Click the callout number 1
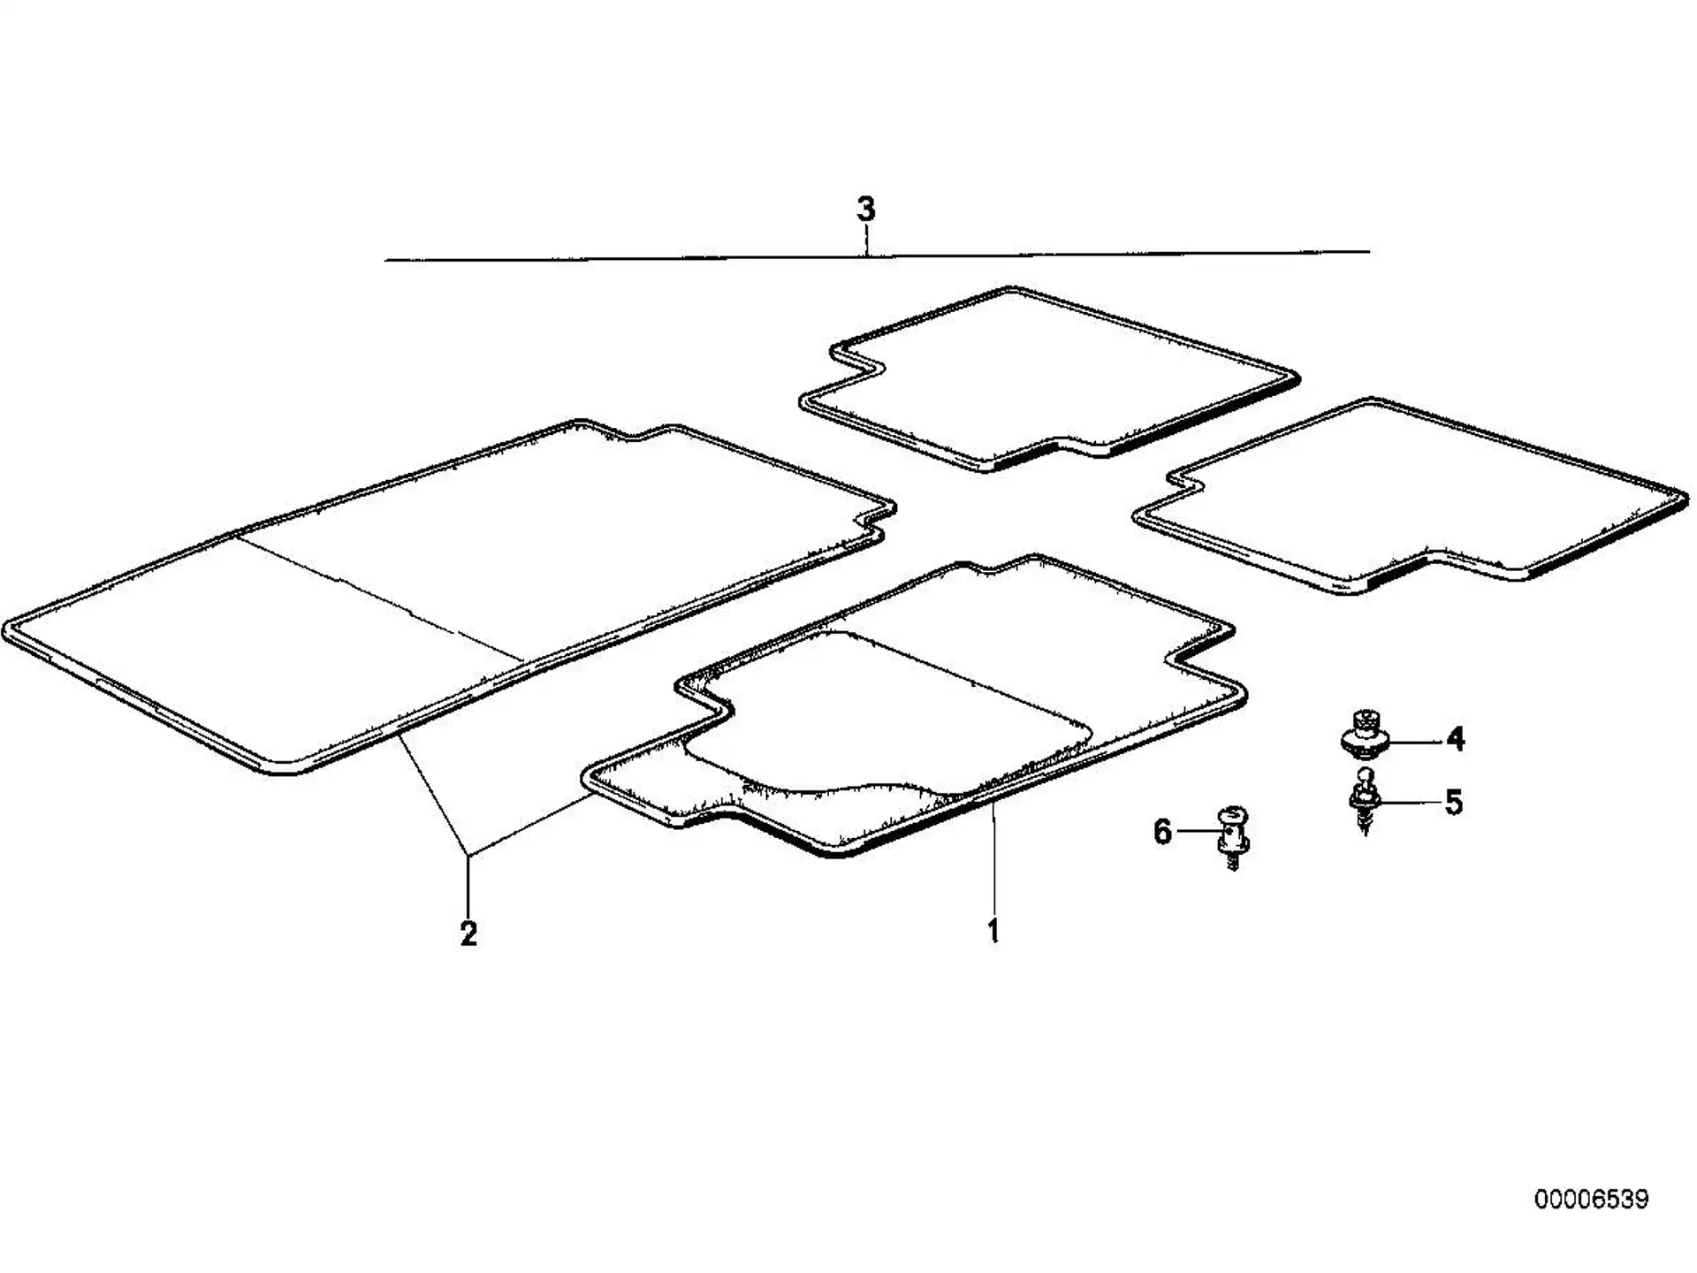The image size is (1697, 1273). [993, 931]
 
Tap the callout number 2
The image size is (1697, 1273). [468, 933]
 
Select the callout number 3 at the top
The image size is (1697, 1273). [866, 210]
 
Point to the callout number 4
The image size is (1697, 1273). [1455, 738]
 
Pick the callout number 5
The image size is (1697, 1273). [1454, 802]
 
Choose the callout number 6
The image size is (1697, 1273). [1163, 832]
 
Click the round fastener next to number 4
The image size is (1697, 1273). [1366, 733]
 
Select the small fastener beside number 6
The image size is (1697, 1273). [1233, 836]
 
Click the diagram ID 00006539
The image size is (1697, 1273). [1591, 1200]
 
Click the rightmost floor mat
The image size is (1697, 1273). [1411, 496]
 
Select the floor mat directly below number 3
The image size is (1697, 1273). [1049, 379]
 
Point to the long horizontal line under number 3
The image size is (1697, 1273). [877, 255]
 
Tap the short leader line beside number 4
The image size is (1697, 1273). [1416, 739]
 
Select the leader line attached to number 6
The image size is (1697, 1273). [1198, 832]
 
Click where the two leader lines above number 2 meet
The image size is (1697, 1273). [468, 855]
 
